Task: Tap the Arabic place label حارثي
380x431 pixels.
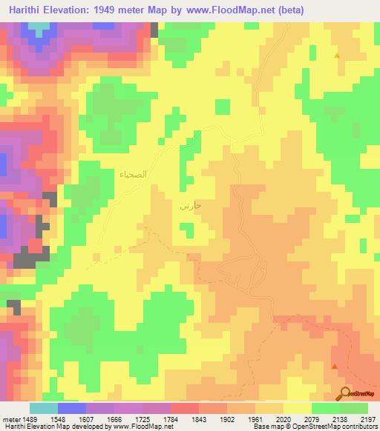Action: (191, 207)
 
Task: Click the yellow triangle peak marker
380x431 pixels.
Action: (337, 56)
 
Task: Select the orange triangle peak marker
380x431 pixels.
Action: (335, 366)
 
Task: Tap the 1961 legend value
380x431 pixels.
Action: (255, 418)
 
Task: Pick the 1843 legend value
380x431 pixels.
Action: (198, 418)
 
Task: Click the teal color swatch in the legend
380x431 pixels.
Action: (43, 408)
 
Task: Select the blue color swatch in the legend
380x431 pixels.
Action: (71, 408)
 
